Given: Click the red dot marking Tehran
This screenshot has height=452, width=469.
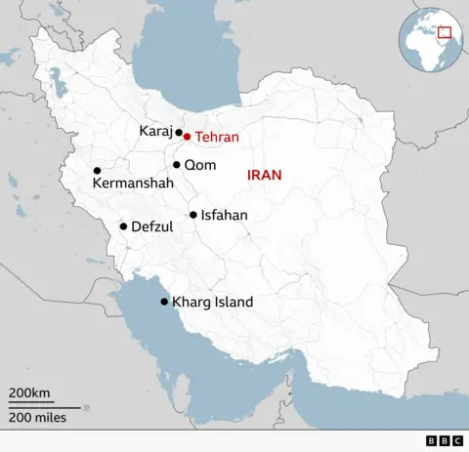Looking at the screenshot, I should pos(187,137).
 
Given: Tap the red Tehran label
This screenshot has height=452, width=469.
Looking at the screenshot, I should pos(216,138).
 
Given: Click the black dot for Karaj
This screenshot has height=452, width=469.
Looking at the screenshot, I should pos(178,132).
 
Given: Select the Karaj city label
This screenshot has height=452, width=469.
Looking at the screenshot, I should pos(155,131).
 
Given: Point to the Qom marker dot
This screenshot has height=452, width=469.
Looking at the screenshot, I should pos(177,165).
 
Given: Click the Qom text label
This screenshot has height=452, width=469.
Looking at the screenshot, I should pos(200,165).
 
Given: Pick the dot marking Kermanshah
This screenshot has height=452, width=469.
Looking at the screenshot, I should pos(97,170).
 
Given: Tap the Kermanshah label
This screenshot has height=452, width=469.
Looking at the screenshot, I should pos(133,183).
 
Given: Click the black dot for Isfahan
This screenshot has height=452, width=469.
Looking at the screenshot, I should pos(193,215).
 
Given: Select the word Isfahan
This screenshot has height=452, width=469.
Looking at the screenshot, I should pos(224,215).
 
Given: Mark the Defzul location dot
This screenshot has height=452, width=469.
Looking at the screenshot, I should pos(123,226).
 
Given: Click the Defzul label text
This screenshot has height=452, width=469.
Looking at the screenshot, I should pos(151,226).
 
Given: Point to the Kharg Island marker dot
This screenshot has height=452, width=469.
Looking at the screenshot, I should pos(164,302).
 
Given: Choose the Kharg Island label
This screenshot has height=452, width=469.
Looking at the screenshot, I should pos(212,303).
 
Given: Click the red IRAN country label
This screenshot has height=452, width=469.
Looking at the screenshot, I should pos(264,176).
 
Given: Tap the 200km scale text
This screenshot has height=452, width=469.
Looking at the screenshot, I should pos(29,392).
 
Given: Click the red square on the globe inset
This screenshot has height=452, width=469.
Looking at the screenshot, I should pos(445,32).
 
